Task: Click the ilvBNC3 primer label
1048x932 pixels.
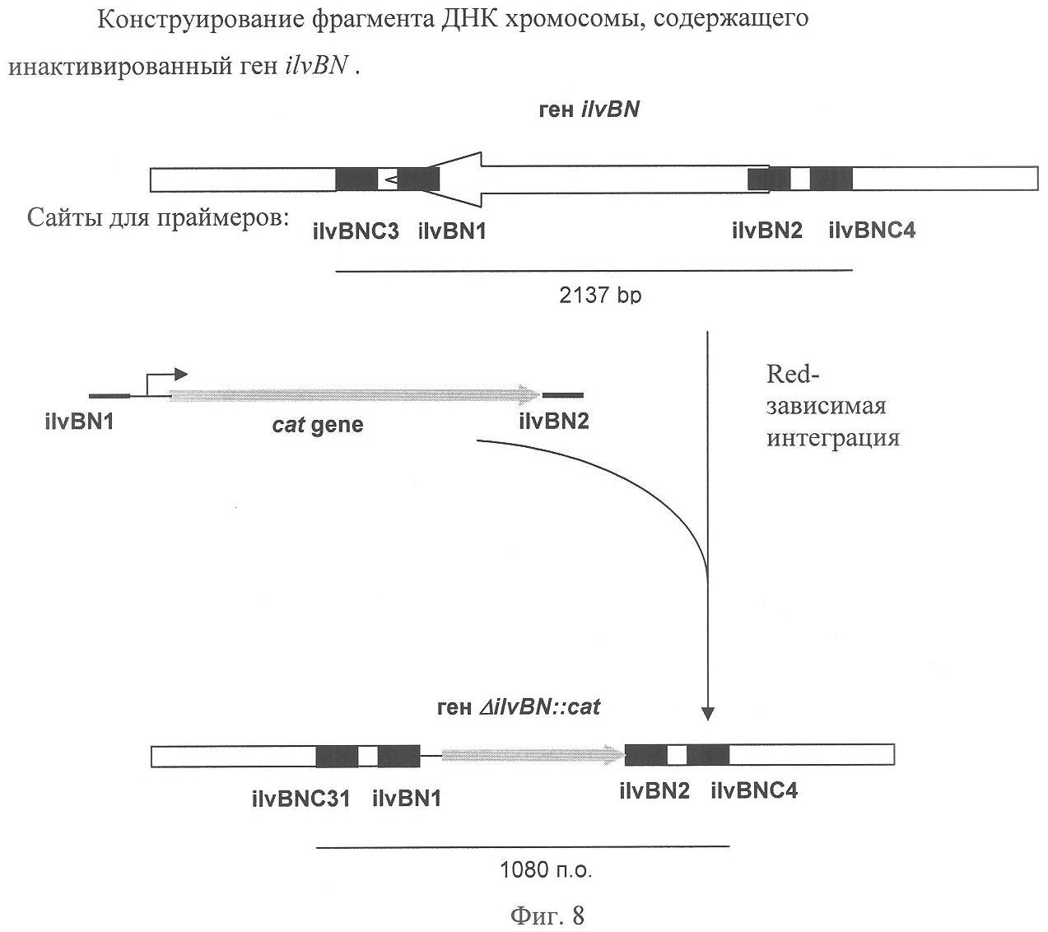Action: pos(356,232)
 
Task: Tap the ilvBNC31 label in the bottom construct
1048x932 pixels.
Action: pos(301,798)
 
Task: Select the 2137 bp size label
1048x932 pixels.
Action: pos(599,295)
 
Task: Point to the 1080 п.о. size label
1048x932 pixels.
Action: pos(546,869)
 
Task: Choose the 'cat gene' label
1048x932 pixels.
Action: pos(318,425)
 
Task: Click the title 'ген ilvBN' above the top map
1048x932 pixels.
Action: pos(588,110)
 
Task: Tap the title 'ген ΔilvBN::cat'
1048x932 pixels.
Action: pos(519,706)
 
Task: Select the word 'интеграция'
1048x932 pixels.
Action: pos(833,437)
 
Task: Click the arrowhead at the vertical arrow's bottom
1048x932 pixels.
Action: pos(708,712)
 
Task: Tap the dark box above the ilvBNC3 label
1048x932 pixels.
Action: pos(356,179)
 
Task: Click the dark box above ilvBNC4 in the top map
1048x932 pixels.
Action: pos(831,179)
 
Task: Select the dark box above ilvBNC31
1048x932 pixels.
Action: pos(337,756)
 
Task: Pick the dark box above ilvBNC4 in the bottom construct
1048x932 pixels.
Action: pos(708,755)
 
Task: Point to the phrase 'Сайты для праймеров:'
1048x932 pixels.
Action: pos(158,218)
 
